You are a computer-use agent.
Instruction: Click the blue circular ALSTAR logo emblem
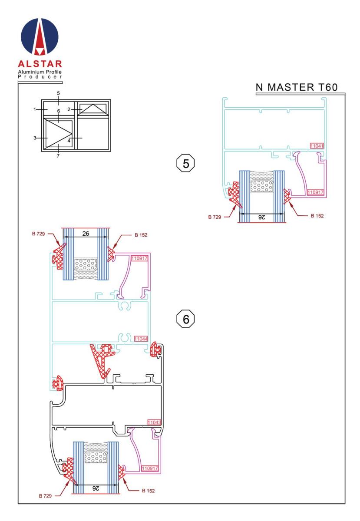coord(40,37)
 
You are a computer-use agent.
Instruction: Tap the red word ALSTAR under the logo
coord(40,64)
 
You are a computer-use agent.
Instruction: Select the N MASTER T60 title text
coord(297,87)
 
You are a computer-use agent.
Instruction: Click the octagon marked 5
coord(185,163)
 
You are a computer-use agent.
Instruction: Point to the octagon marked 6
coord(185,319)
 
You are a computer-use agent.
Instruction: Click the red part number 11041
coord(317,146)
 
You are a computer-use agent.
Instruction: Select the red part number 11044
coord(141,339)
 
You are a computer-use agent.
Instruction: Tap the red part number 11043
coord(154,422)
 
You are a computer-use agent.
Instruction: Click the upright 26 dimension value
coord(86,234)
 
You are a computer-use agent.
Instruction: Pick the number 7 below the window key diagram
coord(58,156)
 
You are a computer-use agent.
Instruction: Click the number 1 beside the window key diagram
coord(35,109)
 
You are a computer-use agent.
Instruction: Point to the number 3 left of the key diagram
coord(35,138)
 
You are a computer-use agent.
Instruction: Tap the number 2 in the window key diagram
coord(69,109)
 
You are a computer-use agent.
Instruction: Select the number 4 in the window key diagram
coord(69,141)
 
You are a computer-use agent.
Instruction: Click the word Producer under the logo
coord(40,77)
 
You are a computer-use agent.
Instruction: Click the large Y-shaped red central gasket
coord(102,360)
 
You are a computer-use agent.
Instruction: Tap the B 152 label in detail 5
coord(317,216)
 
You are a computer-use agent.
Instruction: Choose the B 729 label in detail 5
coord(215,217)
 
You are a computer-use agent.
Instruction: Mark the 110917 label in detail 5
coord(315,192)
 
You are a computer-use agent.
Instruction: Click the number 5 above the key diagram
coord(59,93)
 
